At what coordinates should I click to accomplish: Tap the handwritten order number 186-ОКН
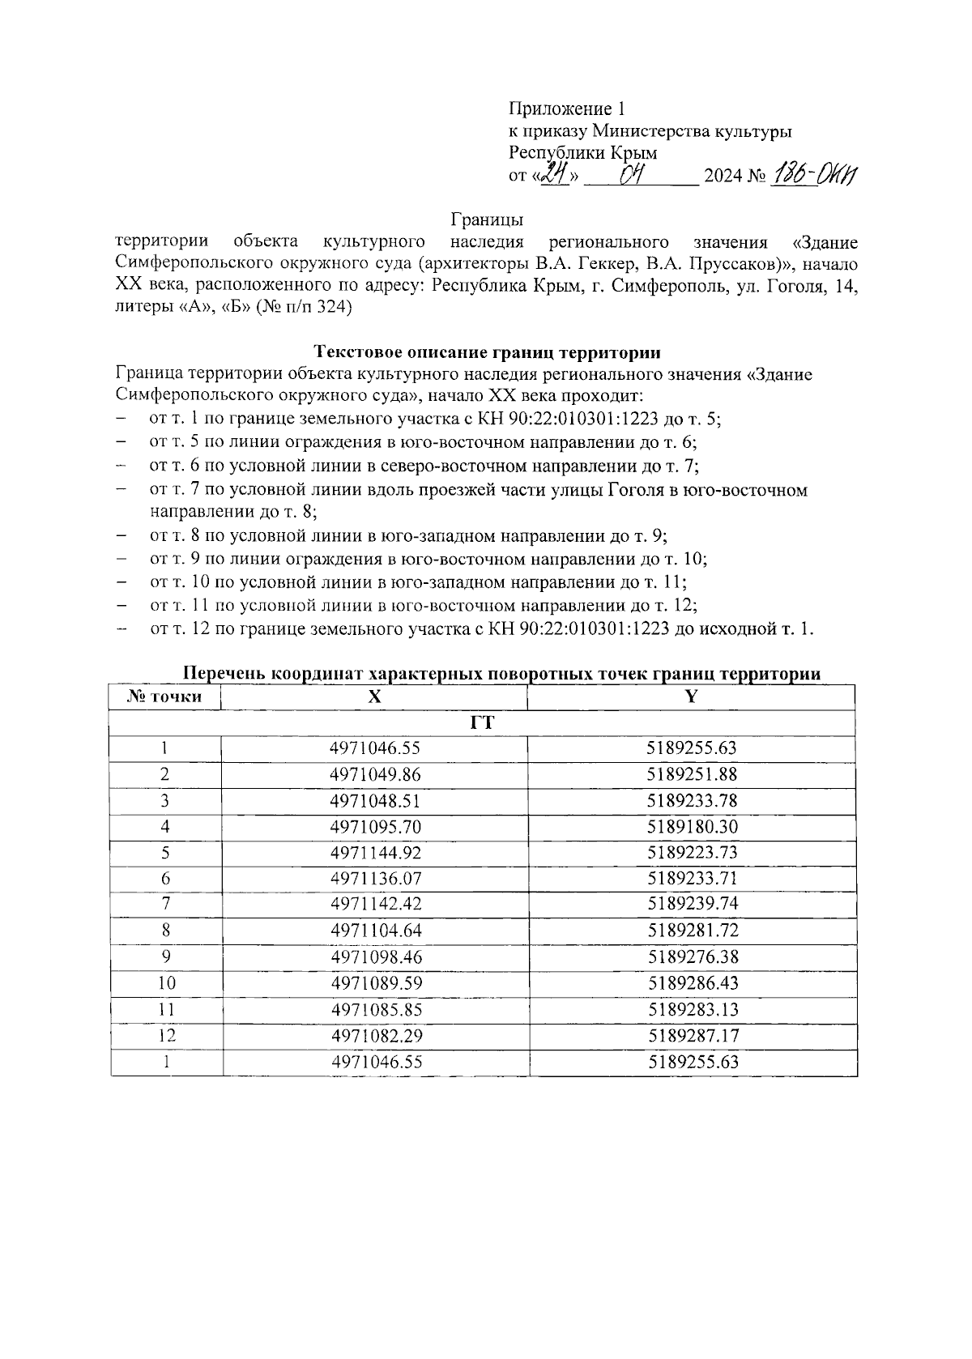[x=817, y=173]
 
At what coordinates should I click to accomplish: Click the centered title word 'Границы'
[x=487, y=219]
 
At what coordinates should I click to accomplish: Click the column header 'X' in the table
[x=374, y=697]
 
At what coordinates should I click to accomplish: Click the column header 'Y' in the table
[x=692, y=697]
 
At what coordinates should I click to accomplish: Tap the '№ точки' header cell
[x=165, y=697]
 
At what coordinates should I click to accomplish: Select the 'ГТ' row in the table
[x=483, y=723]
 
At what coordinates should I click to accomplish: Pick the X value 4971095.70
[x=375, y=827]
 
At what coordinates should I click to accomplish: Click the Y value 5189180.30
[x=693, y=827]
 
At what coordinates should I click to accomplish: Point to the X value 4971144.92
[x=375, y=853]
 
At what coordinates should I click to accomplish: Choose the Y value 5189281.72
[x=693, y=931]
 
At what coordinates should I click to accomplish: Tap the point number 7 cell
[x=166, y=904]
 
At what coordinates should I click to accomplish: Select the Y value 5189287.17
[x=693, y=1035]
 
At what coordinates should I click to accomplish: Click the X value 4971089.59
[x=375, y=983]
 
